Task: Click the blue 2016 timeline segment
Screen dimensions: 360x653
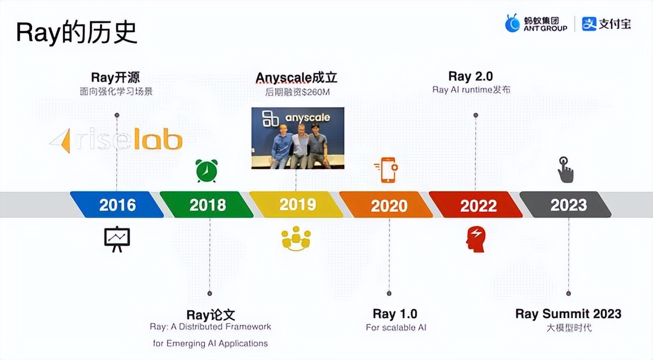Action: coord(117,205)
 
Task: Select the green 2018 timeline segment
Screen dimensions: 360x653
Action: coord(207,205)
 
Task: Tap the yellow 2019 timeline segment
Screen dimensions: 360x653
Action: coord(297,205)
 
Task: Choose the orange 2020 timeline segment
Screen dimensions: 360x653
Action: coord(388,205)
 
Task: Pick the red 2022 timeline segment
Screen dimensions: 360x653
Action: coord(477,205)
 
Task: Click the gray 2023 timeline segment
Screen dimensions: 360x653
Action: coord(567,205)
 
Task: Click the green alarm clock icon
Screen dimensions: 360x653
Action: coord(207,170)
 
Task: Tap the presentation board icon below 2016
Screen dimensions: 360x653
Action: coord(117,239)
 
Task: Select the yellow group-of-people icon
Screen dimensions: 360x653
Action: coord(296,239)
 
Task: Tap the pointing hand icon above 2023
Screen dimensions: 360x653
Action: coord(565,170)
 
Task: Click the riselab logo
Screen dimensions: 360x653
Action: coord(116,140)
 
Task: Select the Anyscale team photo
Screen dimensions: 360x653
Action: coord(298,138)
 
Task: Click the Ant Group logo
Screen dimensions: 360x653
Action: coord(536,23)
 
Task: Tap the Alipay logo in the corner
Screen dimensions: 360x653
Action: coord(606,23)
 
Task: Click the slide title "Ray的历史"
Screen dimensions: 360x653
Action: coord(77,33)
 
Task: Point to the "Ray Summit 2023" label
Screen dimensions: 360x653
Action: coord(568,314)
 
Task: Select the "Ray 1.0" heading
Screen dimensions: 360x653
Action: coord(395,314)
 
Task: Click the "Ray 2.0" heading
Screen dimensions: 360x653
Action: coord(470,76)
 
